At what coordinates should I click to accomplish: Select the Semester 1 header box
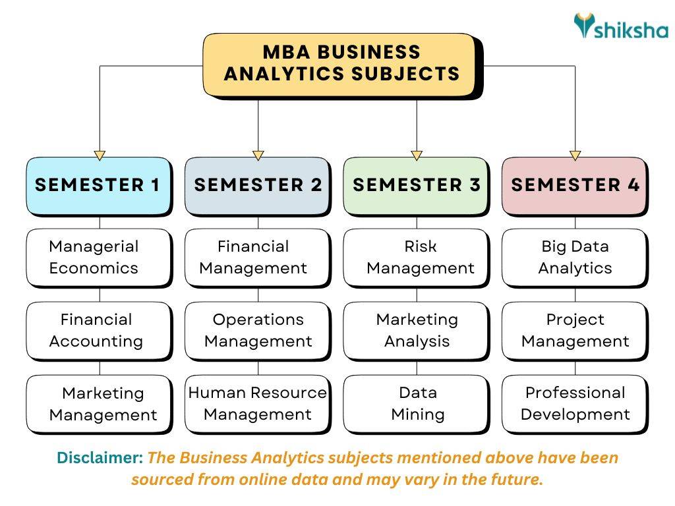point(98,185)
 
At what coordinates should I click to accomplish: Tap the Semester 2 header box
point(257,185)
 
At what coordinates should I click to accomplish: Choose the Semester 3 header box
point(416,185)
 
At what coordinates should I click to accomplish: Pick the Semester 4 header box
point(575,185)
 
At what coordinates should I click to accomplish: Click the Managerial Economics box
point(98,258)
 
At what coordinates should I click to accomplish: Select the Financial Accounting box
point(98,331)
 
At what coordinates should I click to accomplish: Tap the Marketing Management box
point(98,404)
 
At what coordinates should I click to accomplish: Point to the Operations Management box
point(257,331)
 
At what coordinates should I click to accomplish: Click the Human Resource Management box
point(257,404)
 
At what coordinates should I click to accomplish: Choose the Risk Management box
point(416,258)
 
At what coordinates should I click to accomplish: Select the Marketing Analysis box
point(416,331)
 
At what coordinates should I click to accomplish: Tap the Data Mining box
point(416,404)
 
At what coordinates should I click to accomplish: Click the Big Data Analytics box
point(575,258)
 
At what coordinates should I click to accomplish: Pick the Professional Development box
point(575,404)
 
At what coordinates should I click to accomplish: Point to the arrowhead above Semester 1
point(100,155)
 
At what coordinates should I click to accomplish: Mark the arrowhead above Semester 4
point(575,155)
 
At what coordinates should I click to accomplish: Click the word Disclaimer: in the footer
point(100,457)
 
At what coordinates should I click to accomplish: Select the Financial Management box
point(257,258)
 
